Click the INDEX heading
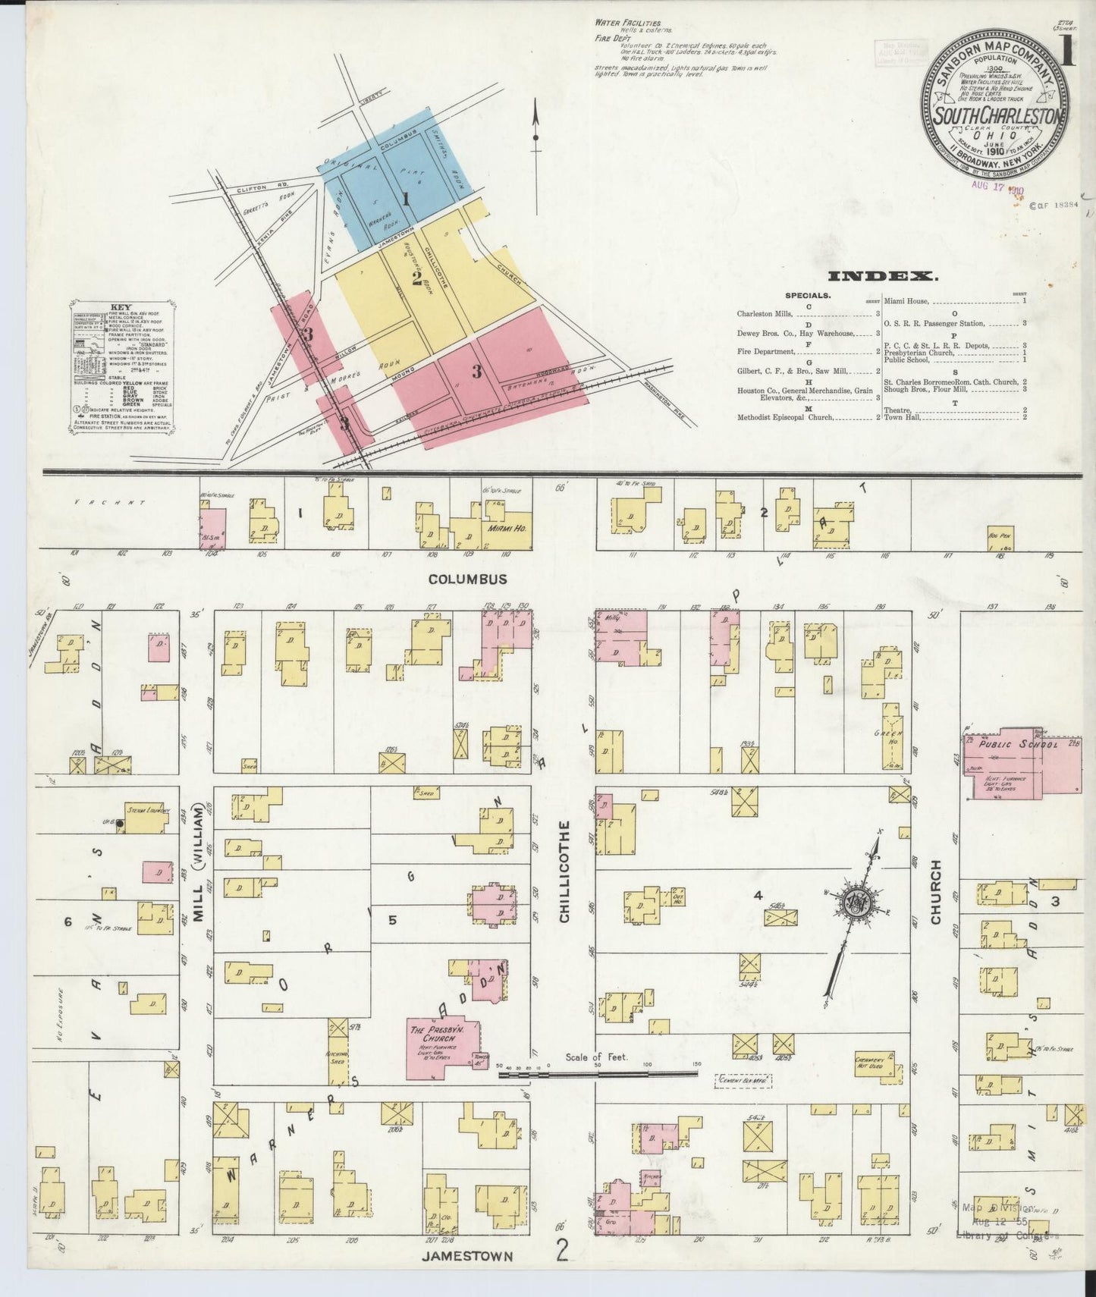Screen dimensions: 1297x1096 [883, 277]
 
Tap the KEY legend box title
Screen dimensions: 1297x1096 [121, 307]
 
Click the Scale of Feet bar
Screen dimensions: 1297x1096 [595, 1073]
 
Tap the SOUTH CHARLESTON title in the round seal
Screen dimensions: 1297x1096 [996, 117]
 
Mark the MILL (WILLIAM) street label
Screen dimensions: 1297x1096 [199, 863]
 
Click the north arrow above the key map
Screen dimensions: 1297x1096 [535, 129]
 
